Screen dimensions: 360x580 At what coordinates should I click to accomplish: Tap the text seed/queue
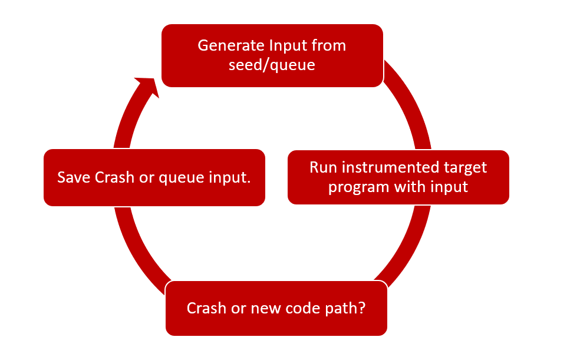click(x=272, y=65)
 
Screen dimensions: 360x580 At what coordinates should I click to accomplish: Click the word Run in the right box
click(x=322, y=167)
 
